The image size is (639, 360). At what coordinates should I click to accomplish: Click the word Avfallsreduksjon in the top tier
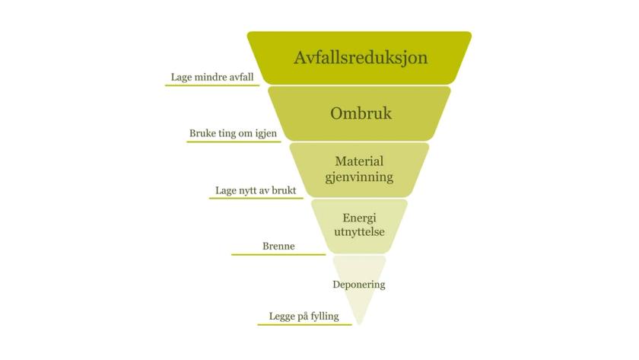[x=361, y=58]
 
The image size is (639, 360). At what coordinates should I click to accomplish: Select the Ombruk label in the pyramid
[x=361, y=113]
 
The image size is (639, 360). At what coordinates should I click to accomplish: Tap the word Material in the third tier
[x=359, y=161]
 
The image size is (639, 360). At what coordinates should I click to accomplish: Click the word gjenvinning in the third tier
[x=359, y=177]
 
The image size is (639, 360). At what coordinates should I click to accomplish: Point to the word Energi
[x=359, y=218]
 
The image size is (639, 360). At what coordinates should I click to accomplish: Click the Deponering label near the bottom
[x=359, y=285]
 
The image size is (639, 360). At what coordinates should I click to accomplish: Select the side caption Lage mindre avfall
[x=211, y=77]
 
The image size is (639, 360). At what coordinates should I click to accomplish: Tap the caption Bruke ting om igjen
[x=232, y=133]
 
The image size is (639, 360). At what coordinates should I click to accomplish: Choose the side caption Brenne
[x=278, y=246]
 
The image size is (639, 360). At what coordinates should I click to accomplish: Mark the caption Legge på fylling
[x=304, y=316]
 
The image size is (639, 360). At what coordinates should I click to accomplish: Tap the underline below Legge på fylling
[x=304, y=324]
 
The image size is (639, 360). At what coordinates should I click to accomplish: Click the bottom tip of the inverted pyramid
[x=360, y=322]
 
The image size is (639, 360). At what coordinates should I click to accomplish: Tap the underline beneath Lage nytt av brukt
[x=251, y=199]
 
